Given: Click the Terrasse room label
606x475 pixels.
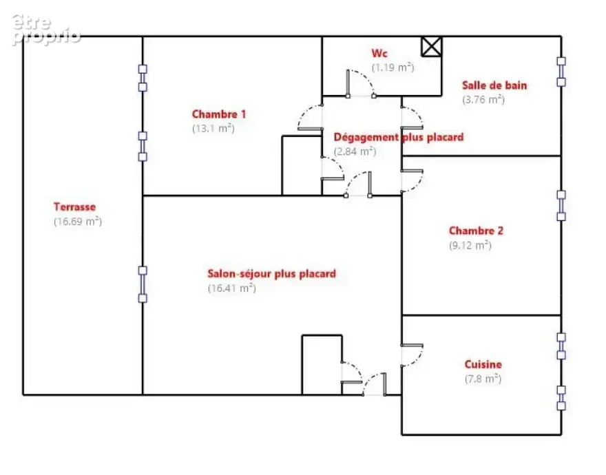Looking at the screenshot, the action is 74,207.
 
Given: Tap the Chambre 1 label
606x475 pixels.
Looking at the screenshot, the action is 219,114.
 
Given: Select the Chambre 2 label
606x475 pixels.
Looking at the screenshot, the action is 476,231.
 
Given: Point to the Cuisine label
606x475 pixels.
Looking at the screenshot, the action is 483,364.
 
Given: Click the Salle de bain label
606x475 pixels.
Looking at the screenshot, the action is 494,85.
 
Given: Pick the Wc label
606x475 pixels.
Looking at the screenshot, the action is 379,53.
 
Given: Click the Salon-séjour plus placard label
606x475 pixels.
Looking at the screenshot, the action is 272,273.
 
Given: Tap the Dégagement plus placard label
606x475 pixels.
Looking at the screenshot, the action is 399,137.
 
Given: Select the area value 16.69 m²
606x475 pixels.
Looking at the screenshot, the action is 78,222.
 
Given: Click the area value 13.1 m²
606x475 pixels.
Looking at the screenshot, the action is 213,128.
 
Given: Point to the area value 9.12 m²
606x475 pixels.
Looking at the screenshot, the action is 470,246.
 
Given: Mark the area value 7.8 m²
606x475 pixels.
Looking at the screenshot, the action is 483,379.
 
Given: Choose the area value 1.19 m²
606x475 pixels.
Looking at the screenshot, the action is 393,67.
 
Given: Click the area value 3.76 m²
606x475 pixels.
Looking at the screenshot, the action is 483,100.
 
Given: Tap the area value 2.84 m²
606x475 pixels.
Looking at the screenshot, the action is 355,151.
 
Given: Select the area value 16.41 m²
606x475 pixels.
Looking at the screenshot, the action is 232,288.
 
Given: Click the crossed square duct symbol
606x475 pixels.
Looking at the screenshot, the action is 431,47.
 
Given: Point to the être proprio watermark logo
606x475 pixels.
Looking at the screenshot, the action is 45,30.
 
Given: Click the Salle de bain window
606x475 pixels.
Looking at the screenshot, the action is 561,72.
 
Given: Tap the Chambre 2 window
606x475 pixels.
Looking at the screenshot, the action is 561,206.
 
